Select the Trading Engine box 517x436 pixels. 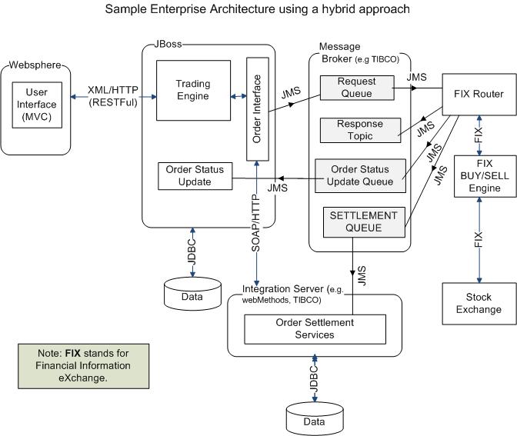pos(192,89)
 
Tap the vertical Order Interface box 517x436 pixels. pos(257,108)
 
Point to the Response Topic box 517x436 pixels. pos(359,130)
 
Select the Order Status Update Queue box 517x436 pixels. pos(360,175)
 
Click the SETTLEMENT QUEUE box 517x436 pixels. pos(364,221)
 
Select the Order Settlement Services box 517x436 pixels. pos(315,328)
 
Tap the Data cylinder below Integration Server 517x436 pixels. pos(314,419)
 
